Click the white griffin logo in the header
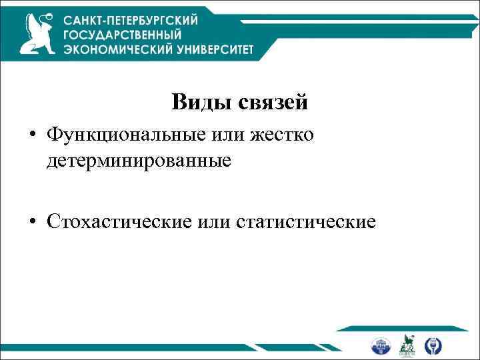pos(39,35)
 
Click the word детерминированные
pos(139,161)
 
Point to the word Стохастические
pos(118,221)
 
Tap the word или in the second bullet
pos(213,221)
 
